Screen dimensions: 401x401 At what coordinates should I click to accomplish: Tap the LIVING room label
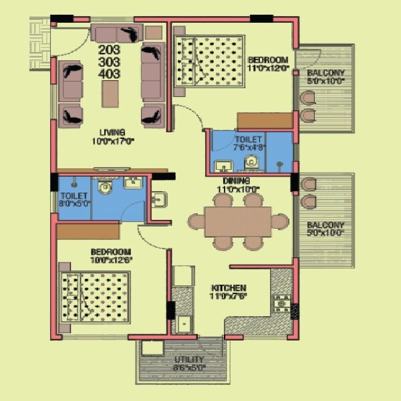[x=113, y=132]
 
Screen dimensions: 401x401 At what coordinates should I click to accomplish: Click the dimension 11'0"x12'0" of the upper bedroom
[x=267, y=68]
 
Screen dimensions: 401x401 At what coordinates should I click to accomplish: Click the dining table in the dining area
[x=238, y=221]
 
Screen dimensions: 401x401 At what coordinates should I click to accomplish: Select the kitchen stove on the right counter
[x=282, y=302]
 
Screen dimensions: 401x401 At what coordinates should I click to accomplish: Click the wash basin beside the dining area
[x=158, y=198]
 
